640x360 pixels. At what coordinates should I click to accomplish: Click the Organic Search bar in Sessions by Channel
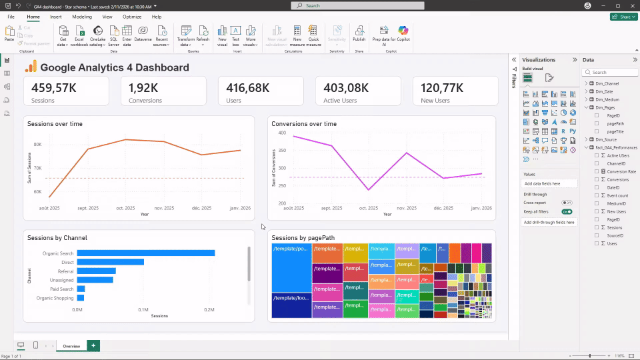coord(145,253)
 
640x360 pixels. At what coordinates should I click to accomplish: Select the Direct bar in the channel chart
coord(110,262)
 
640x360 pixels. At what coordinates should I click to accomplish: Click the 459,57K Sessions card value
coord(54,87)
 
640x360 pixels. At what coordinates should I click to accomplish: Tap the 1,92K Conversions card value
coord(143,87)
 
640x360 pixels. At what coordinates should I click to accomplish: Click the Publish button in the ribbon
coord(359,34)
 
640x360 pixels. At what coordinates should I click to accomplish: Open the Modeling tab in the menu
coord(82,16)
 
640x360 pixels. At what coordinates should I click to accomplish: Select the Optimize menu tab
coord(132,16)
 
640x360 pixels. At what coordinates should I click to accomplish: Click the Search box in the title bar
coord(347,5)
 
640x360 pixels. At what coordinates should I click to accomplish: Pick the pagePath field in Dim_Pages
coord(615,123)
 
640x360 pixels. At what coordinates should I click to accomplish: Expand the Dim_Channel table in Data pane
coord(586,83)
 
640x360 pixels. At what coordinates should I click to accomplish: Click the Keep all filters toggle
coord(567,211)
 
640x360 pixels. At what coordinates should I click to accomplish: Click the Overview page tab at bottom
coord(71,346)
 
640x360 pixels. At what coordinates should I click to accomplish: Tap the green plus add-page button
coord(93,345)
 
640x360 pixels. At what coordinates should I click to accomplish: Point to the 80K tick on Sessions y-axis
coord(37,144)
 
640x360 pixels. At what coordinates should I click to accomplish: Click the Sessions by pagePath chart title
coord(303,237)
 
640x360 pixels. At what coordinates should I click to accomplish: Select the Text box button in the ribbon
coord(236,34)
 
